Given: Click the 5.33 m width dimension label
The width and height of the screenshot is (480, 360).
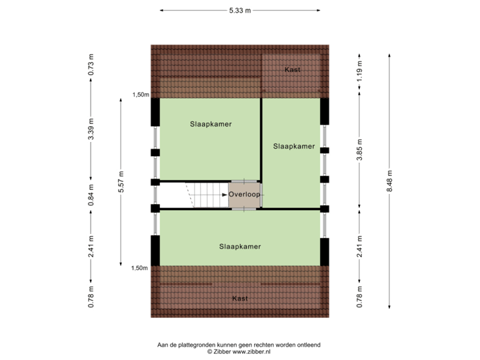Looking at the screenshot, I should (x=240, y=11).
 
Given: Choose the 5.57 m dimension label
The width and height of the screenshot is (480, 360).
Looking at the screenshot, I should (x=121, y=181).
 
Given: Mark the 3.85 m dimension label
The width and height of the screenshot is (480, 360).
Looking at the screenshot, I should (x=360, y=148).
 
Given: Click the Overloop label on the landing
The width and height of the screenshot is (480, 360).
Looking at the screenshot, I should (x=245, y=195).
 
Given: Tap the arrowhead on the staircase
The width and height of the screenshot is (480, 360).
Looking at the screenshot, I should (x=225, y=195).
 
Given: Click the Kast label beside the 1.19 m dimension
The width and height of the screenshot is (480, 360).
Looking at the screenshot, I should (x=292, y=69).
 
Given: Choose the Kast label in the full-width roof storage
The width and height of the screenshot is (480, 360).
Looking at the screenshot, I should (x=240, y=298).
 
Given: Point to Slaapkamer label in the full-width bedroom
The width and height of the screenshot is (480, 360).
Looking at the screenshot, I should (x=240, y=247).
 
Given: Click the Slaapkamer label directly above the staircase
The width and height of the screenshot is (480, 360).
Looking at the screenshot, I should (x=210, y=124).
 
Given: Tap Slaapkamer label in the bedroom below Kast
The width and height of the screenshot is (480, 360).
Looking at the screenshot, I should (x=294, y=146).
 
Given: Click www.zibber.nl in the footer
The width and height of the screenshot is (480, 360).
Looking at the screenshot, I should (x=251, y=350).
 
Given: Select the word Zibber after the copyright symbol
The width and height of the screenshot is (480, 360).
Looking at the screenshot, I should (x=221, y=350).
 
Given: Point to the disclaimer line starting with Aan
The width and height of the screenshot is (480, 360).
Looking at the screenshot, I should (x=239, y=344).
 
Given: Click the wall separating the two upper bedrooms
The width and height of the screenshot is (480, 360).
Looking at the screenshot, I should (x=261, y=140).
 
